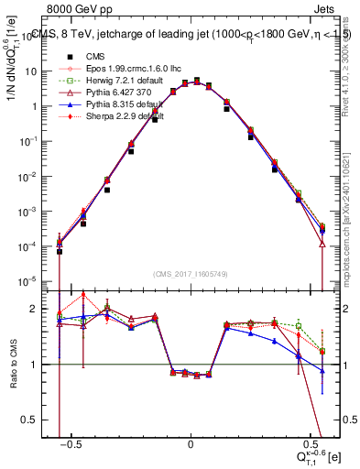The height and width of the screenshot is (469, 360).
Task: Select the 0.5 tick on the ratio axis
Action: [x=43, y=420]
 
